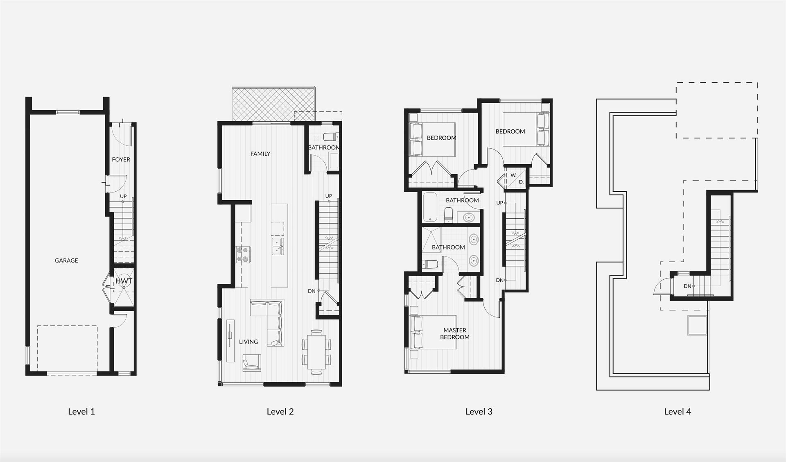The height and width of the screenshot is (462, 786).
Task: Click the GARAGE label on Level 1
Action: coord(66,260)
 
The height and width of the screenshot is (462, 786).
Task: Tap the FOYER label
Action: coord(121,160)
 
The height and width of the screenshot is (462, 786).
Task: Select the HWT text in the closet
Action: coord(124,281)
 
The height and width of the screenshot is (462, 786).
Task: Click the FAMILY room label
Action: coord(260,154)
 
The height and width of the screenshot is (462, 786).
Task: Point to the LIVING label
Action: coord(248,342)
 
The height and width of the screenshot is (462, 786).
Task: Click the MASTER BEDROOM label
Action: coord(455,334)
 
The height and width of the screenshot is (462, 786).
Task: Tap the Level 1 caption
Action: coord(81,412)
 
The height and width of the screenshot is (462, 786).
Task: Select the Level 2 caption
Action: coord(280,412)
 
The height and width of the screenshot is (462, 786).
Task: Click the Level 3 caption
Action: coord(479,412)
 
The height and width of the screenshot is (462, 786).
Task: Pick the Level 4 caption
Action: coord(678,412)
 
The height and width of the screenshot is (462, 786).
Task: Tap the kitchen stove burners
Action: coord(243,254)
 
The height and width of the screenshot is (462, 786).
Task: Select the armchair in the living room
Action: coord(252,363)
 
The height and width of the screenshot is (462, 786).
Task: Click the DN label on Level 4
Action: coord(687,286)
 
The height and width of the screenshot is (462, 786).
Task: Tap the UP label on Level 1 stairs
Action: coord(123,197)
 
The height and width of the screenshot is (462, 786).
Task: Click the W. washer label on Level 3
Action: coord(513,175)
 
